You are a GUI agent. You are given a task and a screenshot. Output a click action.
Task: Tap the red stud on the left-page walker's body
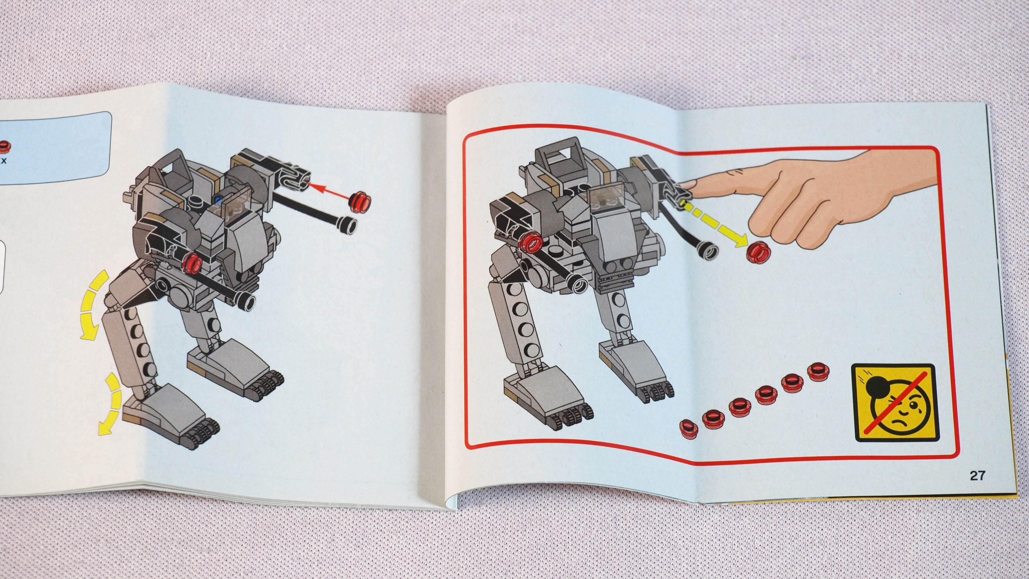point(193,262)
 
